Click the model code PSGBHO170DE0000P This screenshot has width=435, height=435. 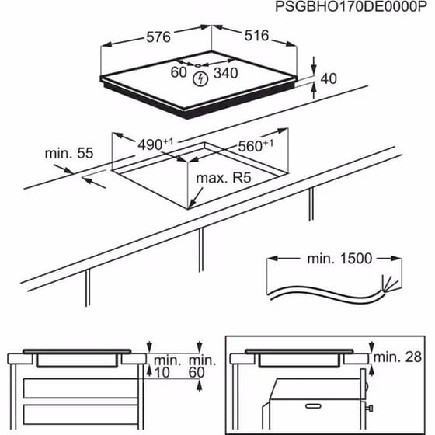pyautogui.click(x=350, y=7)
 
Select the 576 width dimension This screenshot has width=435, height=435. pyautogui.click(x=158, y=37)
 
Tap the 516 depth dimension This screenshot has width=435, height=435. pyautogui.click(x=256, y=36)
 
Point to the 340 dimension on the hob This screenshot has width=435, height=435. pyautogui.click(x=226, y=73)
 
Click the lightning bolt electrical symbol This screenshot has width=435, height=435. pyautogui.click(x=200, y=78)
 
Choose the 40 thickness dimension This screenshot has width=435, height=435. pyautogui.click(x=329, y=78)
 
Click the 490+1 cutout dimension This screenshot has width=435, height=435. pyautogui.click(x=155, y=144)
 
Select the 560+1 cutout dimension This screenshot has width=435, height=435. pyautogui.click(x=256, y=146)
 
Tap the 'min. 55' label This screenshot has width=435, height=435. pyautogui.click(x=69, y=153)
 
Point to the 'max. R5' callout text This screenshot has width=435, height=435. pyautogui.click(x=224, y=178)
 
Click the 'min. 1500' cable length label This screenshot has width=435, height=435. pyautogui.click(x=339, y=259)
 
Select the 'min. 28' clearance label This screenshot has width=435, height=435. pyautogui.click(x=398, y=357)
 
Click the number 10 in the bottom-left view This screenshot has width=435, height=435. pyautogui.click(x=162, y=372)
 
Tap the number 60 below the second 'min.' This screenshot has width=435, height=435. pyautogui.click(x=197, y=372)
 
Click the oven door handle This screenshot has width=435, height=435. pyautogui.click(x=313, y=406)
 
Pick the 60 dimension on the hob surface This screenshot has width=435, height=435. pyautogui.click(x=179, y=72)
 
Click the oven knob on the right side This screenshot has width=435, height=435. pyautogui.click(x=369, y=408)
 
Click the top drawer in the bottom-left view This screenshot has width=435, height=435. pyautogui.click(x=81, y=388)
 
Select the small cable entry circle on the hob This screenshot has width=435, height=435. pyautogui.click(x=197, y=66)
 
